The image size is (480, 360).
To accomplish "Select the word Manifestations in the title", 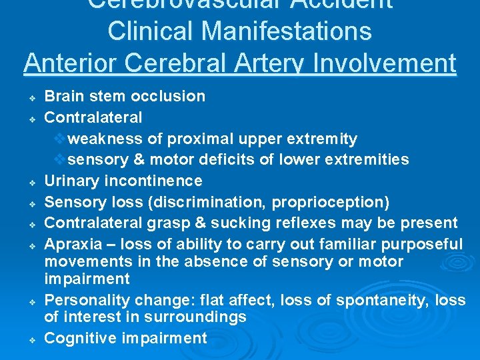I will tap(281, 31).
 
